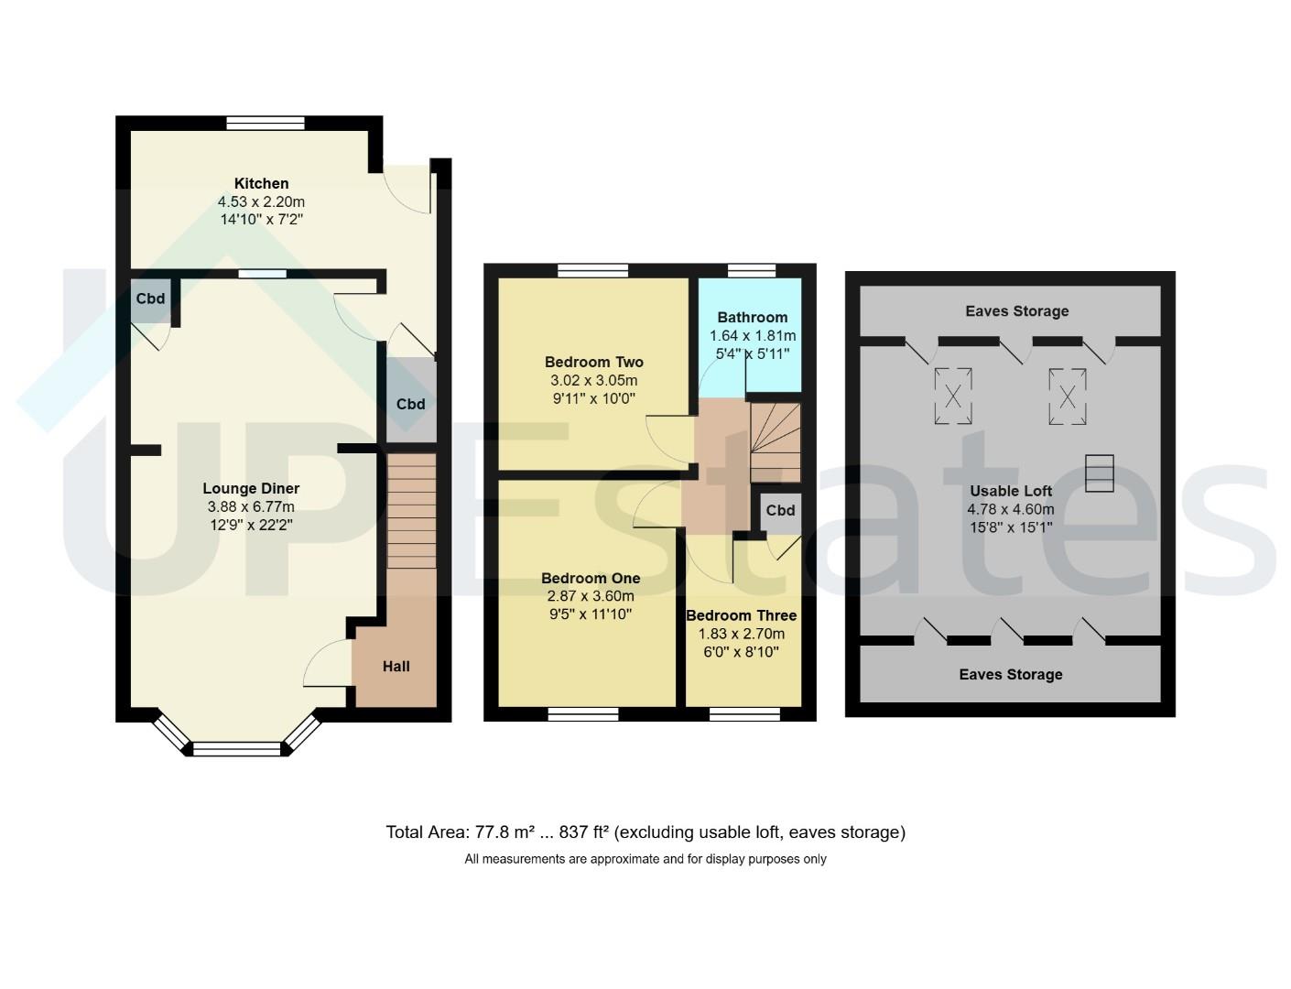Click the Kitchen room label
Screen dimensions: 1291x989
262,183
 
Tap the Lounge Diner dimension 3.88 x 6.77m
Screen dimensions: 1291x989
251,506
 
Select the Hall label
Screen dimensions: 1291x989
396,667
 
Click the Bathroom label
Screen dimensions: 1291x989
752,317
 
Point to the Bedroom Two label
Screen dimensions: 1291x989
594,362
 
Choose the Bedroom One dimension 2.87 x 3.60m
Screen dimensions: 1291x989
591,596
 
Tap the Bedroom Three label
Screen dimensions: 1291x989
742,615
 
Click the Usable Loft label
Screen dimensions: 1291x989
1011,491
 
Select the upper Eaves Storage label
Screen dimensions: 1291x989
1016,310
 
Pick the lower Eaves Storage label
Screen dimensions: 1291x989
1011,674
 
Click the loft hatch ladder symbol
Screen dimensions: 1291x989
1099,473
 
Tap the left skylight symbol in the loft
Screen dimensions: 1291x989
953,396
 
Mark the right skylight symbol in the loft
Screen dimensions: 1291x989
1067,397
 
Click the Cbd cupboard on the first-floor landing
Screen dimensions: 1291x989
780,511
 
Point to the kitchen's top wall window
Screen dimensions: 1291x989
266,123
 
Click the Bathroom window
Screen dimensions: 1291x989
752,271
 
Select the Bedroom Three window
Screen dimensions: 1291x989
744,714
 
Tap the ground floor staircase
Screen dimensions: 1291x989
412,511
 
